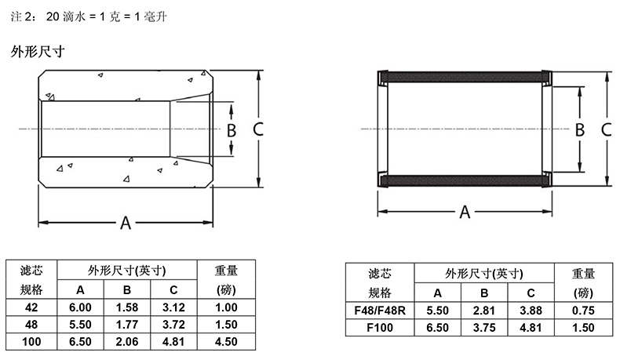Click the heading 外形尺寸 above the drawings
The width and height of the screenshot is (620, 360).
coord(37,53)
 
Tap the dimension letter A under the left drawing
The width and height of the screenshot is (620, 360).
coord(126,223)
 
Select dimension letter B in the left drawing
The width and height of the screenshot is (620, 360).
coord(232,131)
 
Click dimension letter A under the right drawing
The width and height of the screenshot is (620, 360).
coord(464,213)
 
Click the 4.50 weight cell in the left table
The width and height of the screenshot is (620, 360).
coord(225,340)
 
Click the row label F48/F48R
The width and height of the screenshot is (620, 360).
coord(381,310)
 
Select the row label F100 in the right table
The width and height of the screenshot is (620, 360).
coord(381,327)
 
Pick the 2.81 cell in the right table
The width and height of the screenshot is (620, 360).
coord(483,310)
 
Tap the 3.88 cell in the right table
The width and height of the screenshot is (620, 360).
coord(531,310)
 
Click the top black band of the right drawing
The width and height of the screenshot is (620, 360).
coord(464,77)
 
